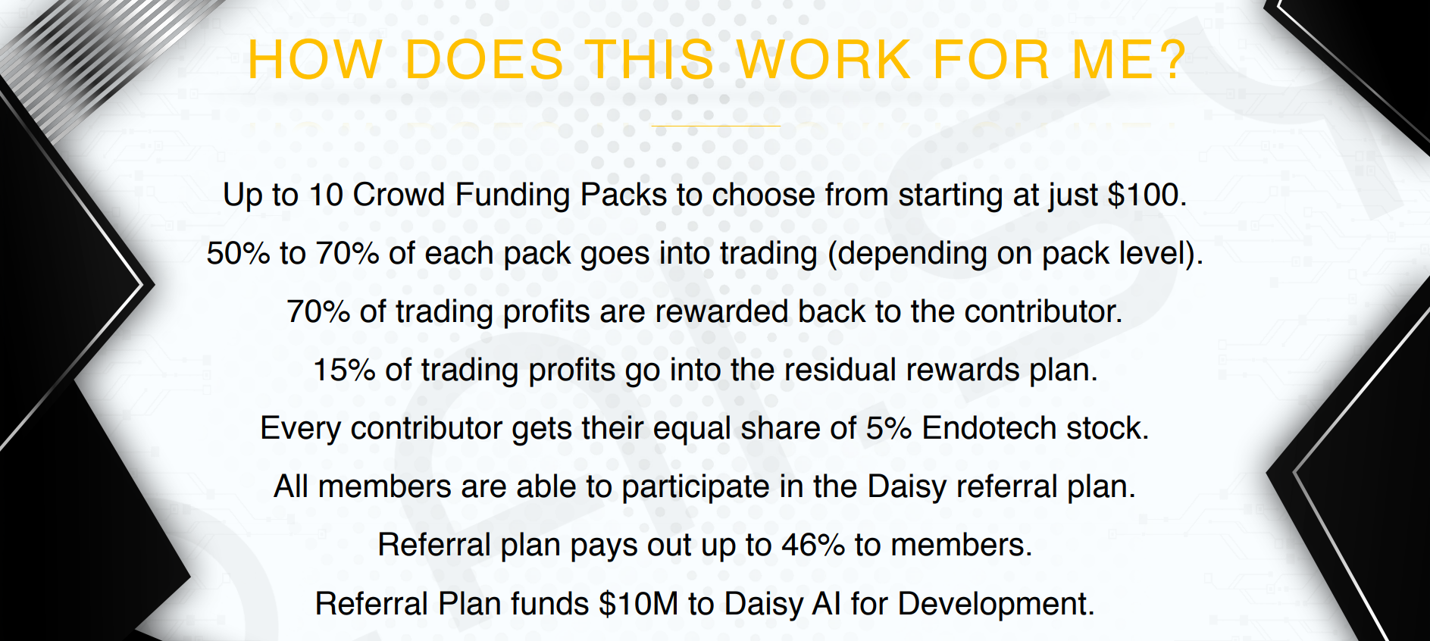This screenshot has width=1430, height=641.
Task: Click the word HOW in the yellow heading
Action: coord(315,59)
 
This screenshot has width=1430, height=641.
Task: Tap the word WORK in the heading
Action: coord(824,59)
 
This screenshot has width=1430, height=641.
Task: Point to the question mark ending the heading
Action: coord(1167,59)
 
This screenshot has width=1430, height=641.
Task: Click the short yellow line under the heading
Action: coord(715,126)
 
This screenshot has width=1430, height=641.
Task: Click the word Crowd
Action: coord(399,195)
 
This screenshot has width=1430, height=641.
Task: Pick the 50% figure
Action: coord(238,253)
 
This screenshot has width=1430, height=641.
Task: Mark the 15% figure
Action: coord(344,370)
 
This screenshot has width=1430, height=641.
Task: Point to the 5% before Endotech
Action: coord(889,428)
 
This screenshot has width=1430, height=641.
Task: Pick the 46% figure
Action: coord(813,545)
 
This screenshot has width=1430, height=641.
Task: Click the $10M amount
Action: coord(638,604)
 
